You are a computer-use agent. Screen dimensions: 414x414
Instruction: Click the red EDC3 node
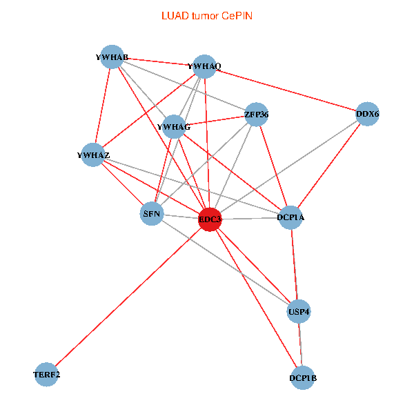pos(210,219)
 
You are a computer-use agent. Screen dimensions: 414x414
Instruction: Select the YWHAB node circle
pos(112,57)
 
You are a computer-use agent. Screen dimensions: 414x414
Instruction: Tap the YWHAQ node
pos(204,66)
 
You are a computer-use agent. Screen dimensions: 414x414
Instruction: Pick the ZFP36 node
pos(256,114)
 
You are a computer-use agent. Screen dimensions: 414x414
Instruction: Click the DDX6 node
pos(368,113)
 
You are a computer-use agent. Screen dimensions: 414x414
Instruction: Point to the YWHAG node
pos(174,127)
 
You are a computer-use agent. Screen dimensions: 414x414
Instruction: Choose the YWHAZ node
pos(94,155)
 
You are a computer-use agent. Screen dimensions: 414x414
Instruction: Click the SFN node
pos(152,214)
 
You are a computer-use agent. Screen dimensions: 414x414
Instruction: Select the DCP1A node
pos(291,217)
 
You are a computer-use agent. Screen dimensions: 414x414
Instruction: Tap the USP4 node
pos(299,310)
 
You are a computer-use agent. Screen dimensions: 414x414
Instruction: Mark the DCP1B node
pos(303,377)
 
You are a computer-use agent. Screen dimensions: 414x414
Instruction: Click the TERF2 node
pos(46,375)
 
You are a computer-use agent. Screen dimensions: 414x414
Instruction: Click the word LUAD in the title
pos(173,15)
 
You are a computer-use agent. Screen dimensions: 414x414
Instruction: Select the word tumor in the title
pos(204,15)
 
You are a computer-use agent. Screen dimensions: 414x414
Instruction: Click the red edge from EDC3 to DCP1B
pos(256,298)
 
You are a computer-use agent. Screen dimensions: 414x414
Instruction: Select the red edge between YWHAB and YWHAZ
pos(103,106)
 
